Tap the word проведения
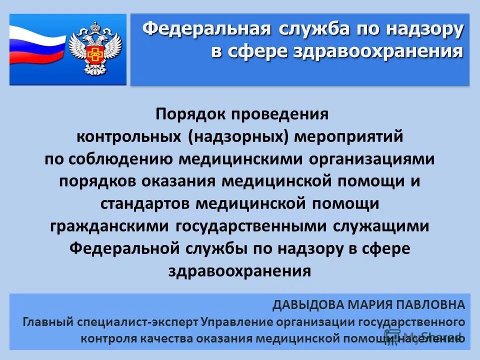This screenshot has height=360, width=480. pos(280,114)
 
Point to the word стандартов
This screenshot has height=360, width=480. pos(145,203)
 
